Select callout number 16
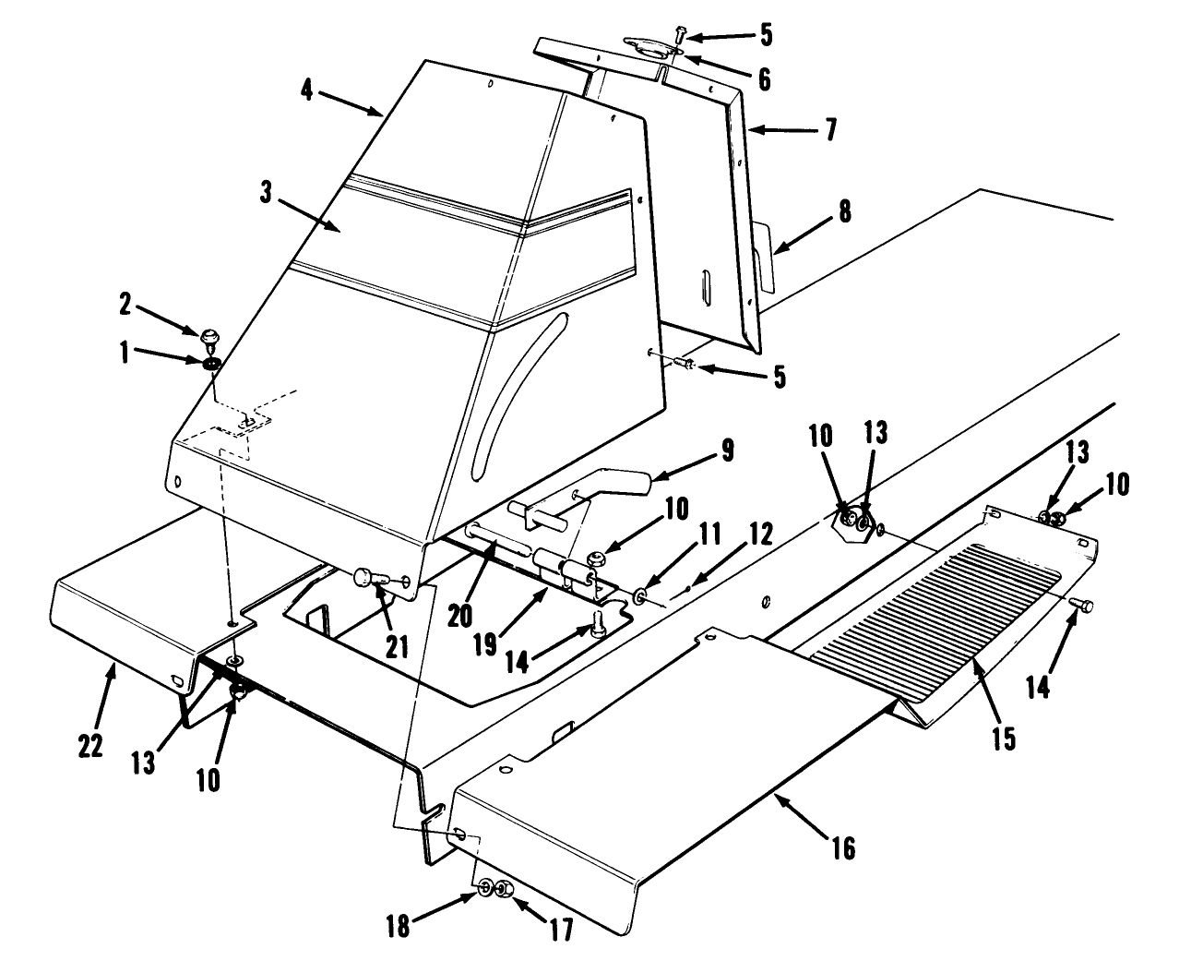tap(843, 847)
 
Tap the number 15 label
tap(1003, 738)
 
